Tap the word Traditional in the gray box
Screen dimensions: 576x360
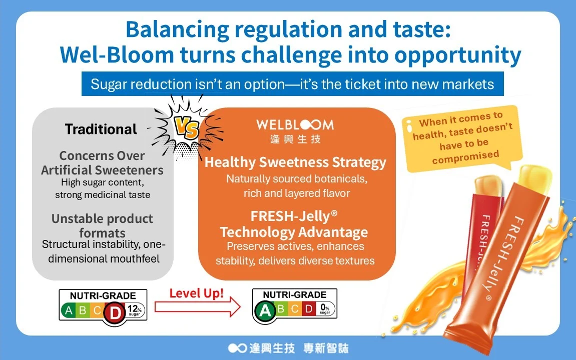point(101,129)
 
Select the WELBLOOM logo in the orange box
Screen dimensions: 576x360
point(295,130)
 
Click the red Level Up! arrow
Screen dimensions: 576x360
point(197,306)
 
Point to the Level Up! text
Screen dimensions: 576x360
point(197,293)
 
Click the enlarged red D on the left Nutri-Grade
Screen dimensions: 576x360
point(115,313)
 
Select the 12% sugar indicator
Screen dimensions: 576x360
point(135,310)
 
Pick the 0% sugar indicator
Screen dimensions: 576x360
point(325,308)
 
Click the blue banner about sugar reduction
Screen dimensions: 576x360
point(292,84)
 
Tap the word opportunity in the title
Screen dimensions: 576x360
point(458,55)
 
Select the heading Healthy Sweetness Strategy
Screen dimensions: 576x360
point(295,162)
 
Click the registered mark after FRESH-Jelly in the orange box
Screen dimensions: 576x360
point(334,213)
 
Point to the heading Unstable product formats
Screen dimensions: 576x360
point(102,225)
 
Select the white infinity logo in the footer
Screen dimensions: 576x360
point(237,348)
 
